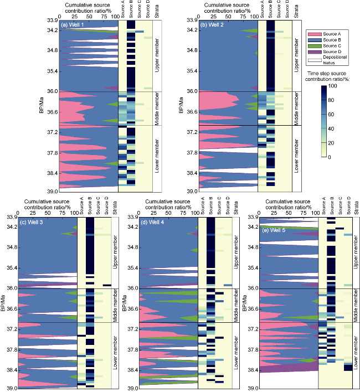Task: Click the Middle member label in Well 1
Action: click(157, 109)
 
